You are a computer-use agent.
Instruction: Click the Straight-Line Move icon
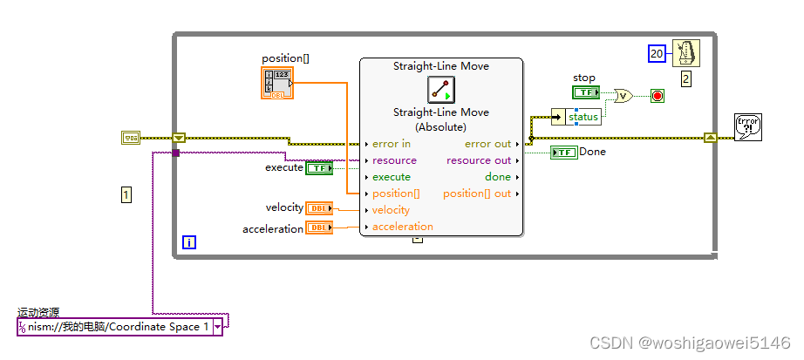click(x=441, y=90)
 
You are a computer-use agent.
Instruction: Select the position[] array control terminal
click(x=277, y=83)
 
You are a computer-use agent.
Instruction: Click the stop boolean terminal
click(x=585, y=92)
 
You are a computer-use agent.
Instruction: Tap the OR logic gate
click(x=623, y=96)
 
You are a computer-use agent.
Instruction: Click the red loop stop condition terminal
click(x=657, y=96)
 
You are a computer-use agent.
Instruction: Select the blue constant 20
click(x=657, y=55)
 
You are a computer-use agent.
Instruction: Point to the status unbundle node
click(x=583, y=117)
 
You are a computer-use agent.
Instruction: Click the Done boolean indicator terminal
click(x=564, y=153)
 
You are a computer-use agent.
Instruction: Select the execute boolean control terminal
click(x=318, y=168)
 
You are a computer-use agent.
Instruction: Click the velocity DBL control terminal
click(x=320, y=208)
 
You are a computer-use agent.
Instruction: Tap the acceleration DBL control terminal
click(x=320, y=228)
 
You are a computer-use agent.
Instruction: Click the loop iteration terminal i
click(x=189, y=243)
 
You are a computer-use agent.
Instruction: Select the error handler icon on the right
click(x=747, y=127)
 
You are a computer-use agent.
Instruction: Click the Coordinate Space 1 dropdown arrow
click(x=216, y=327)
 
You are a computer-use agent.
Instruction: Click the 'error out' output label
click(x=487, y=144)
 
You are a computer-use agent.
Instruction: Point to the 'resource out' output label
click(x=479, y=160)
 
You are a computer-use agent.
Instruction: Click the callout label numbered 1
click(x=126, y=195)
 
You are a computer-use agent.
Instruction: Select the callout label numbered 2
click(x=685, y=79)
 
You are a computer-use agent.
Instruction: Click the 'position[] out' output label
click(x=477, y=194)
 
